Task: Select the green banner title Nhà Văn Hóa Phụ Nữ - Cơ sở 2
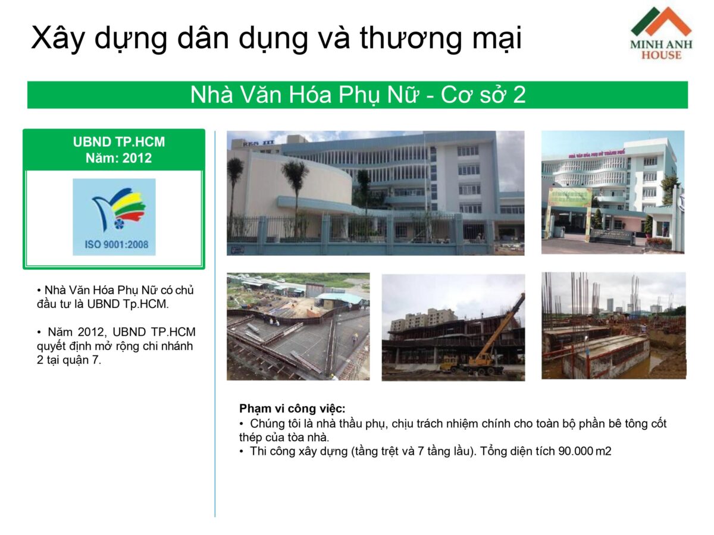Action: click(358, 95)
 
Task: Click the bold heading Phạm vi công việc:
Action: click(292, 408)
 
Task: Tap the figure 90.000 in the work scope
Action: click(576, 451)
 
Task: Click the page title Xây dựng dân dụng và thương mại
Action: click(276, 38)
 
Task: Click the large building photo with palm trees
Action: click(375, 193)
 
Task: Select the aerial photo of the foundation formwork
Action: click(298, 326)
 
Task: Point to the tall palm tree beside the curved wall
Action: click(295, 190)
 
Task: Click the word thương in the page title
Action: click(406, 38)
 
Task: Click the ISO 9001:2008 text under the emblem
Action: click(114, 244)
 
